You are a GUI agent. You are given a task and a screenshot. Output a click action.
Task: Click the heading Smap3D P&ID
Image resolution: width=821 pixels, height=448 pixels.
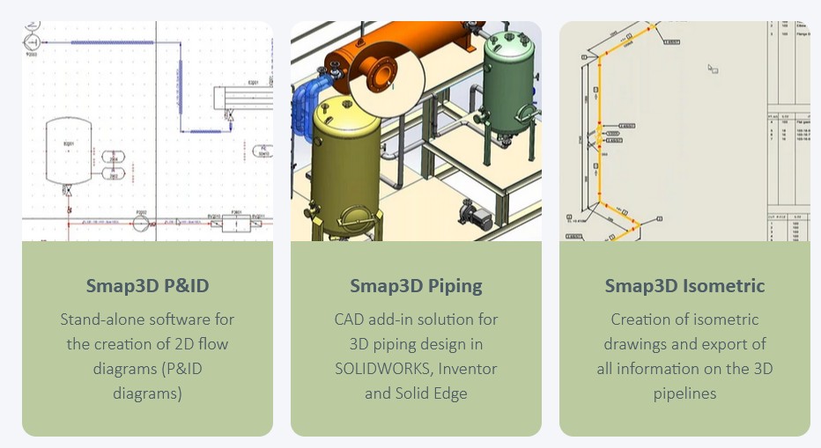(147, 285)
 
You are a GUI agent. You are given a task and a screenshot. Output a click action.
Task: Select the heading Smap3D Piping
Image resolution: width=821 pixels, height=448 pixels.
(416, 285)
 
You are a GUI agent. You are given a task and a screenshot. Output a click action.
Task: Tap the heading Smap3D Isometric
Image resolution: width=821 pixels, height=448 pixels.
(684, 285)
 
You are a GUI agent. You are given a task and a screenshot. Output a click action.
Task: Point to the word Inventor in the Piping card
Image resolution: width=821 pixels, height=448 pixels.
(468, 369)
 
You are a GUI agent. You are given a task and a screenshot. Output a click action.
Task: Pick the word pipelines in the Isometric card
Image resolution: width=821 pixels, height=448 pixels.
(684, 393)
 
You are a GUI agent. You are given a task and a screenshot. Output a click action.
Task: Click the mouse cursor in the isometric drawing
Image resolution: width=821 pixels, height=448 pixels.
(713, 69)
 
